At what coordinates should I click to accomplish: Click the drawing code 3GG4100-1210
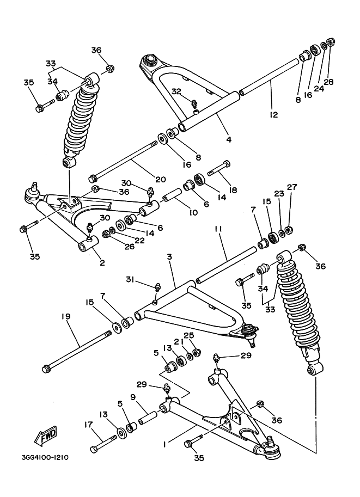(45, 457)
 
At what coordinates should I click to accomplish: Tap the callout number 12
(273, 115)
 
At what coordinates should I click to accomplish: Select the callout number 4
(229, 139)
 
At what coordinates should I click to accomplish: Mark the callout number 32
(176, 91)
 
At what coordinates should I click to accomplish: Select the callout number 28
(328, 82)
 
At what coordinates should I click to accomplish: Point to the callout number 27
(292, 187)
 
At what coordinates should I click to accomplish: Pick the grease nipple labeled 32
(194, 102)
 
